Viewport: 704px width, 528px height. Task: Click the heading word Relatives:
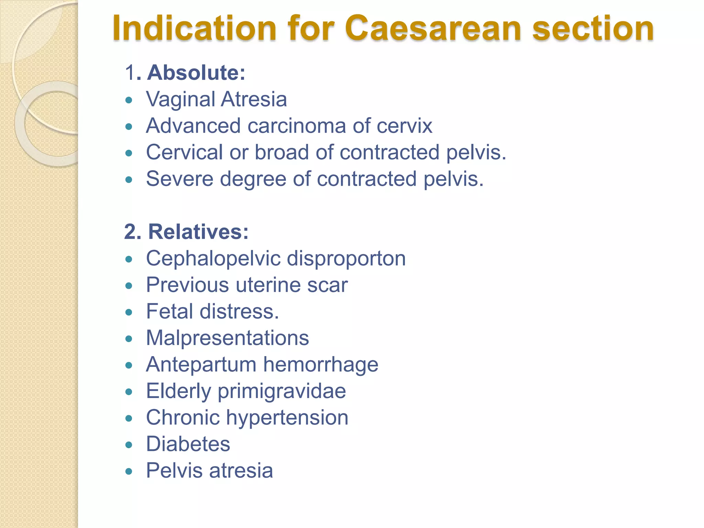pyautogui.click(x=198, y=232)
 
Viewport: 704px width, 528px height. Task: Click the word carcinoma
pyautogui.click(x=297, y=126)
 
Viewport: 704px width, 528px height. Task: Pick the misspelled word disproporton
pyautogui.click(x=346, y=258)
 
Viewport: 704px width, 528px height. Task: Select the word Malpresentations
pyautogui.click(x=228, y=338)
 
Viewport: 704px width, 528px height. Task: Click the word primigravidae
pyautogui.click(x=282, y=391)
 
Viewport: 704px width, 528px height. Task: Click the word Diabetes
pyautogui.click(x=188, y=444)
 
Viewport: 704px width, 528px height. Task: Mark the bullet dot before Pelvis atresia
pyautogui.click(x=129, y=471)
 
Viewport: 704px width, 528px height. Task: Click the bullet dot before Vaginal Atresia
pyautogui.click(x=129, y=100)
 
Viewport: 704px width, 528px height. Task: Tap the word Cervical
pyautogui.click(x=184, y=152)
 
